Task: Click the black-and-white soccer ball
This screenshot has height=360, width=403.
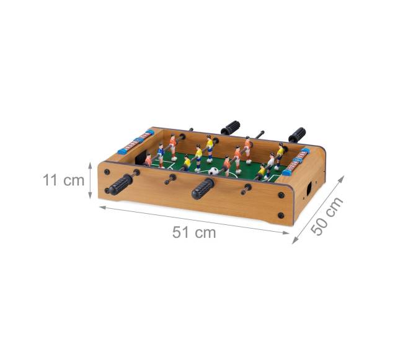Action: pyautogui.click(x=213, y=171)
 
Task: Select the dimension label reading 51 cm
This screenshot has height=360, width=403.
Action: pyautogui.click(x=194, y=232)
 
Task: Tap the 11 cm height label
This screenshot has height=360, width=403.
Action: pyautogui.click(x=63, y=180)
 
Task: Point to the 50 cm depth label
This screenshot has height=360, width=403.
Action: pyautogui.click(x=327, y=216)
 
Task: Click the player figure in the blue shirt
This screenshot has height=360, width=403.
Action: pyautogui.click(x=161, y=155)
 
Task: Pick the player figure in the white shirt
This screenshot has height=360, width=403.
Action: pyautogui.click(x=270, y=164)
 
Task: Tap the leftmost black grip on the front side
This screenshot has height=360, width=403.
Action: pyautogui.click(x=120, y=184)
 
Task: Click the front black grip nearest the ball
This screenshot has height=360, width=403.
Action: pyautogui.click(x=203, y=188)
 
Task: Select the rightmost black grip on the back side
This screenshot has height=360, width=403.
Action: pyautogui.click(x=297, y=135)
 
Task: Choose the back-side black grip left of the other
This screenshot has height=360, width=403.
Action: pyautogui.click(x=231, y=128)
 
